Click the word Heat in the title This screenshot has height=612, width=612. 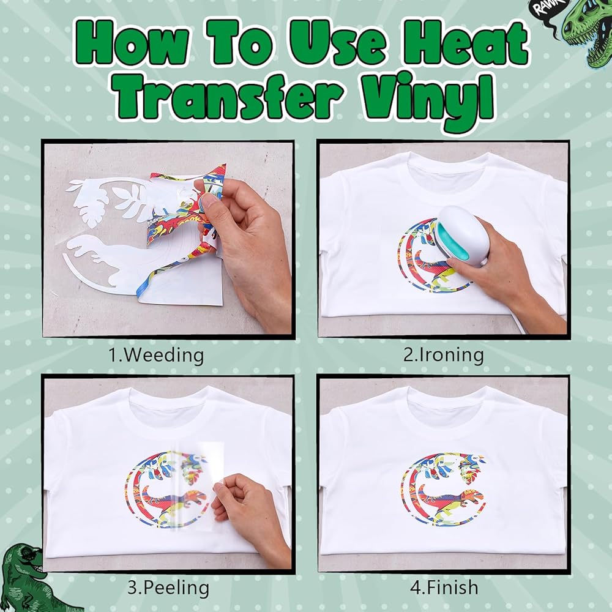pyautogui.click(x=466, y=43)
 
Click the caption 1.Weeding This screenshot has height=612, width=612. pyautogui.click(x=155, y=355)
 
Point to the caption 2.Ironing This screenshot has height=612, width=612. pyautogui.click(x=443, y=355)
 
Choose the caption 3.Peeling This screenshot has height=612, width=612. pyautogui.click(x=168, y=588)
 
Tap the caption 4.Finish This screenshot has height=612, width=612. pyautogui.click(x=444, y=587)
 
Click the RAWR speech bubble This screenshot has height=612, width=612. pyautogui.click(x=546, y=9)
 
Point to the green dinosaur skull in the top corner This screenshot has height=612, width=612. pyautogui.click(x=588, y=32)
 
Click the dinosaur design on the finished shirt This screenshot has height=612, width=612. pyautogui.click(x=444, y=488)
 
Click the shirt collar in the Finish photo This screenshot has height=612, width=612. pyautogui.click(x=447, y=402)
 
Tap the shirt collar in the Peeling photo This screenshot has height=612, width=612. pyautogui.click(x=168, y=402)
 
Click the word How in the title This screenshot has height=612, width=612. pyautogui.click(x=132, y=43)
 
